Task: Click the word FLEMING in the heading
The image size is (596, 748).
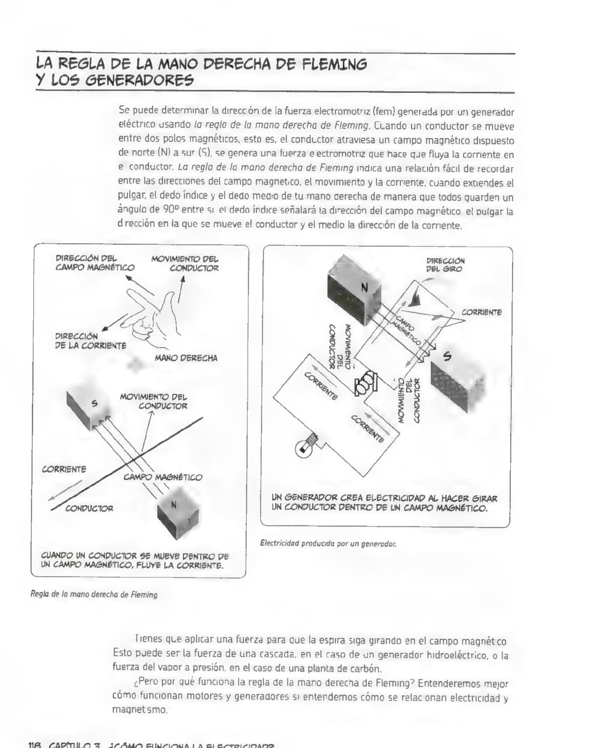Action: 334,64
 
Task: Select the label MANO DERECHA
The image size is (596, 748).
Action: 186,358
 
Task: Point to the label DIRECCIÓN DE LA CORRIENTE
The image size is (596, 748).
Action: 91,341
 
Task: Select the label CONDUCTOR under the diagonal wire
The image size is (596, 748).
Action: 89,508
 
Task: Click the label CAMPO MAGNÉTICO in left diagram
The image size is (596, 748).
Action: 162,477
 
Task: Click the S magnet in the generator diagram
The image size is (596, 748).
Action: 458,376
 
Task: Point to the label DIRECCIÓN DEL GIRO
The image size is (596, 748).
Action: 445,265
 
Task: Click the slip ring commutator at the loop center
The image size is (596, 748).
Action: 366,384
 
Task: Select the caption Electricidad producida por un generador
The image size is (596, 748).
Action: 328,543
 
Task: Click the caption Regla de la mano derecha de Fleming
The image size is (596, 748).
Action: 94,594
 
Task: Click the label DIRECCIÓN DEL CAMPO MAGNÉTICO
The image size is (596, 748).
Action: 95,262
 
